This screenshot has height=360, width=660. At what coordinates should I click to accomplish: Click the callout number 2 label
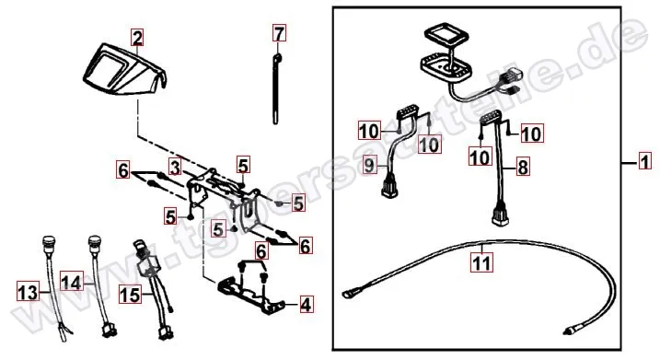click(x=137, y=38)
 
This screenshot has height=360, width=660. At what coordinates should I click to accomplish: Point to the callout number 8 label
click(x=523, y=168)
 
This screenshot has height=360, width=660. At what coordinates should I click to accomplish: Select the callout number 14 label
click(x=71, y=277)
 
